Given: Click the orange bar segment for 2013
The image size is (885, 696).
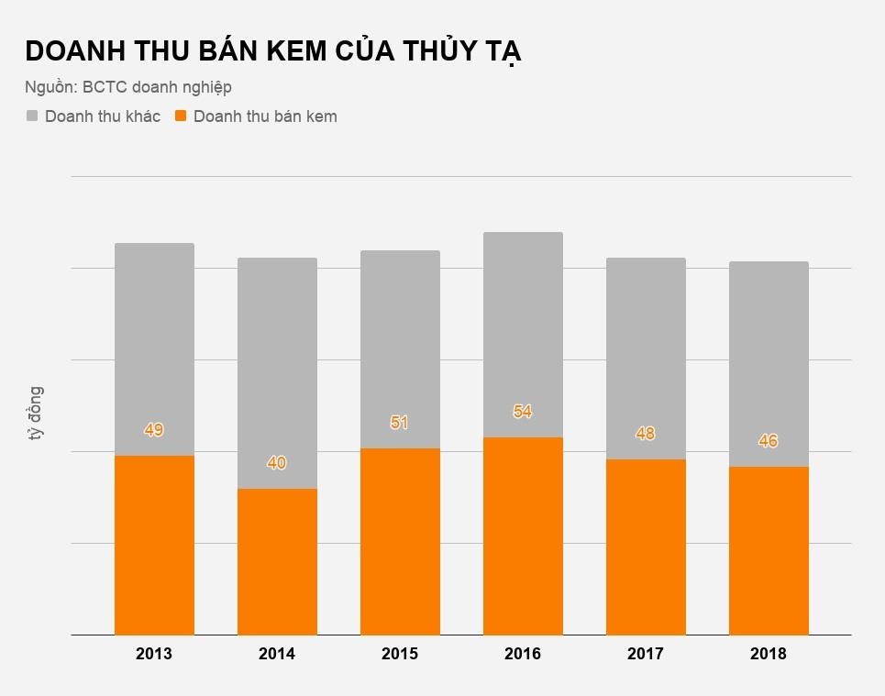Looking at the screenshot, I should coord(154,545).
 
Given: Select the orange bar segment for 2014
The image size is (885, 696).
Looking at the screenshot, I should coord(277,561).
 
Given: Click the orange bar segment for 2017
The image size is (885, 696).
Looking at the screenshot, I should coord(646,547).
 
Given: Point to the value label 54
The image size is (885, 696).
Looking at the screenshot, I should coord(523,412).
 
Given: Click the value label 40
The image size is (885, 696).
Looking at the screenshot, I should coord(277,463).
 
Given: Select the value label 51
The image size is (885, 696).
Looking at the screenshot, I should coord(400,423).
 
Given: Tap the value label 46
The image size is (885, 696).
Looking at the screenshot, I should coord(769,441).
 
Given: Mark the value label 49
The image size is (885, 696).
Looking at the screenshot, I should coord(154,430).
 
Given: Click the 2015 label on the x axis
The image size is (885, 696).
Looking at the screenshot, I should coord(400,655).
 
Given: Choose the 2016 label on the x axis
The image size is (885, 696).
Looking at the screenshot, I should coord(523,655).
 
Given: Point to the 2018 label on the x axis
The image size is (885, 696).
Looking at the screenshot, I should coord(769,655).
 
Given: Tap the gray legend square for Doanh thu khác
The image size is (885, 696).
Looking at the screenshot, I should coord(33,116).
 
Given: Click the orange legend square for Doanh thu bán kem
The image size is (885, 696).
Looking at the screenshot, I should coord(182,116).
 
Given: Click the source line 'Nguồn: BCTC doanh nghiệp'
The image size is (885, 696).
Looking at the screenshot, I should coord(128,87).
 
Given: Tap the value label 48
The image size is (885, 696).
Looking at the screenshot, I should coord(646,434).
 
